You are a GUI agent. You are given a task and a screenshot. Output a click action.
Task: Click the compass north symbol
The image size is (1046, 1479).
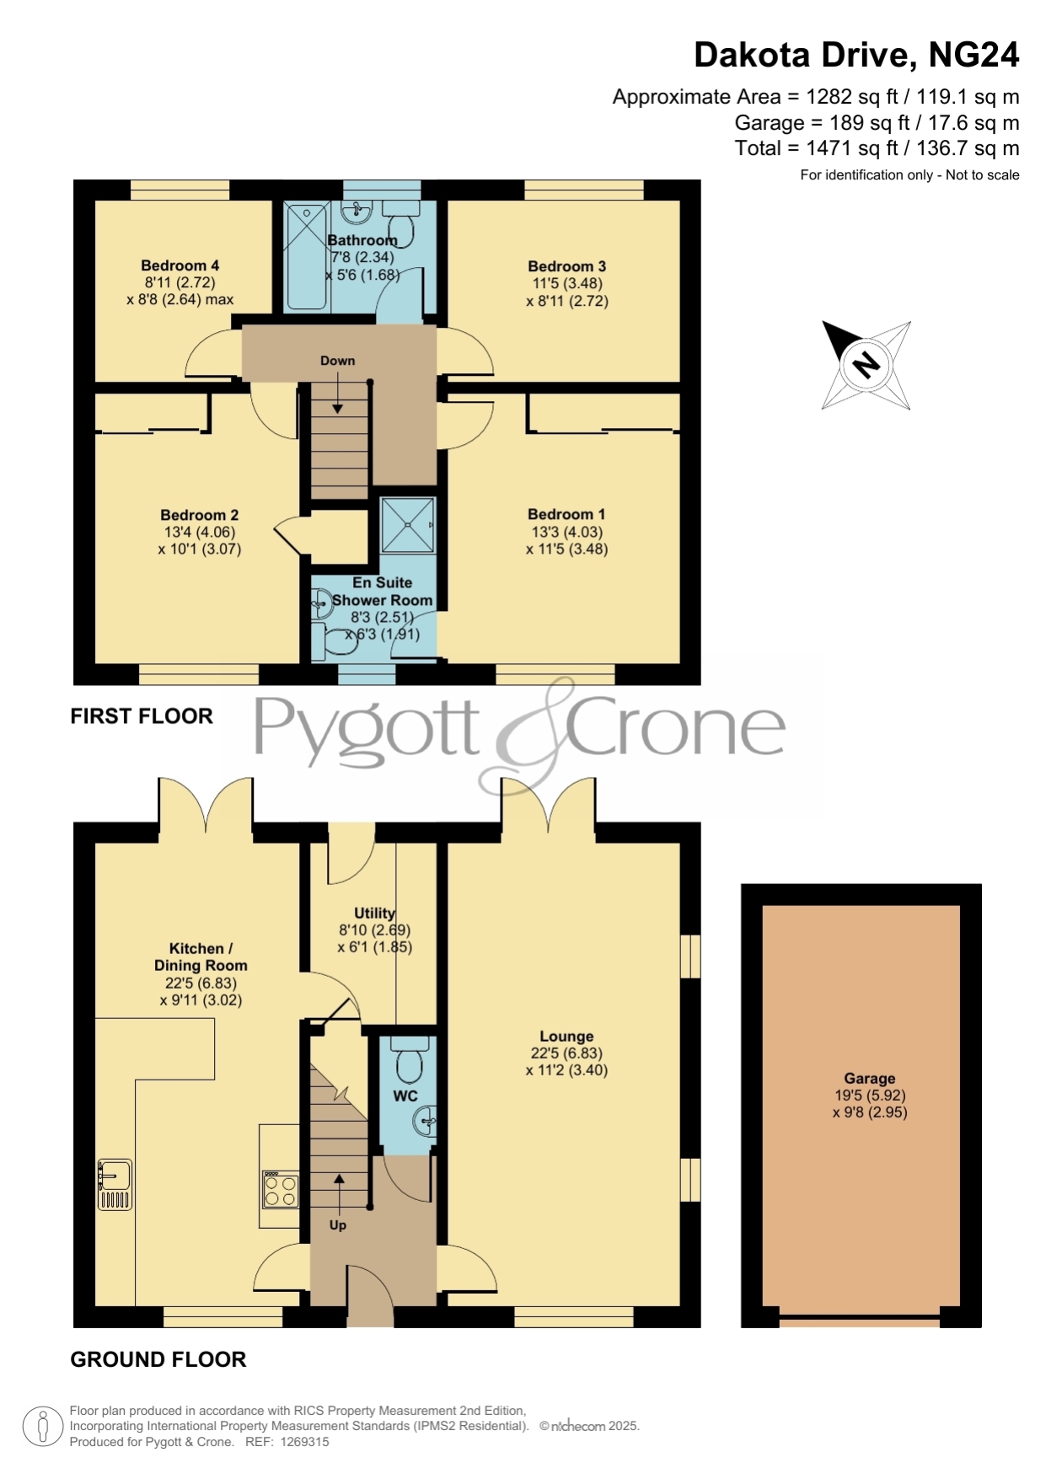[866, 366]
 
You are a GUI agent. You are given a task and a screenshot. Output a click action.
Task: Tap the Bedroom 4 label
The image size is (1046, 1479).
[180, 265]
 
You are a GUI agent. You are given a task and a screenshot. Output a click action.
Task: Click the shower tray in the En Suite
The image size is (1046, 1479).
[408, 525]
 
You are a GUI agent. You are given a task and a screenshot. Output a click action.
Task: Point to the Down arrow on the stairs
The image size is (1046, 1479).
[337, 394]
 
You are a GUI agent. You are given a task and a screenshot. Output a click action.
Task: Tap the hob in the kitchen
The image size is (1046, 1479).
[280, 1190]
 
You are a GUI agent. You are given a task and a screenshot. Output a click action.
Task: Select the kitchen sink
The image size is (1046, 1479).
[115, 1185]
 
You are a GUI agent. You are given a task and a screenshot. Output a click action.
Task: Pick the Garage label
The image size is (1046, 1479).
[870, 1079]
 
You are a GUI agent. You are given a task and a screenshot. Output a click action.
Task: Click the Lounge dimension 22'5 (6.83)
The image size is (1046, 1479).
[566, 1053]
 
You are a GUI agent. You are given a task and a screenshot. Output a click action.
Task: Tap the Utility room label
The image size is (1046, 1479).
[374, 913]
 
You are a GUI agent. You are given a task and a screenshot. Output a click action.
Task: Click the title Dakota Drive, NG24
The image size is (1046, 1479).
[856, 56]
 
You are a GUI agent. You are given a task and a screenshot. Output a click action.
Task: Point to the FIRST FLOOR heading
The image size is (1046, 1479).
[142, 716]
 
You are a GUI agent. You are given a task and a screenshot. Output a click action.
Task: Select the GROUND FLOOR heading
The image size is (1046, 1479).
[158, 1359]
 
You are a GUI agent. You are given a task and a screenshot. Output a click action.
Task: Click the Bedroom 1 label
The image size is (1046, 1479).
[566, 514]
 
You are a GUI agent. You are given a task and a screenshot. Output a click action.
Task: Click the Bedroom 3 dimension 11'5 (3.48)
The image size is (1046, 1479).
[567, 284]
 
